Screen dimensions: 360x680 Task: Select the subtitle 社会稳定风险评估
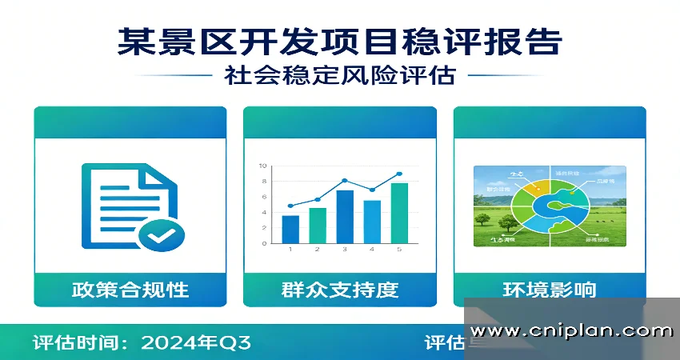tap(339, 76)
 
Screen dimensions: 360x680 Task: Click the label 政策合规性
tap(130, 289)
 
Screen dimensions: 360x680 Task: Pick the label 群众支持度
tap(340, 289)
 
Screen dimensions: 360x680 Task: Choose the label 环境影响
tap(550, 289)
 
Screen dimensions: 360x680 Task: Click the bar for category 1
tap(290, 229)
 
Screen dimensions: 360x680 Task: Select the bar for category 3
tap(345, 216)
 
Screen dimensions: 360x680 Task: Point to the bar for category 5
tap(399, 213)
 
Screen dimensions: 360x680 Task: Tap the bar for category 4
tap(372, 221)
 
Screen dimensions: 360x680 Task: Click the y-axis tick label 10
tap(262, 166)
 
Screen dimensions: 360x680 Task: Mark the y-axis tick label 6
tap(263, 197)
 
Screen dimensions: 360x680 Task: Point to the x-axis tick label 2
tap(318, 250)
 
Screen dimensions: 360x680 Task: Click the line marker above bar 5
tap(399, 174)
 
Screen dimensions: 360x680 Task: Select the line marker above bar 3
tap(345, 181)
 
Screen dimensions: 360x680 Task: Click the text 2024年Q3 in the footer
tap(196, 343)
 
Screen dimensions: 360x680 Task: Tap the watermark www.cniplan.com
tap(571, 330)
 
